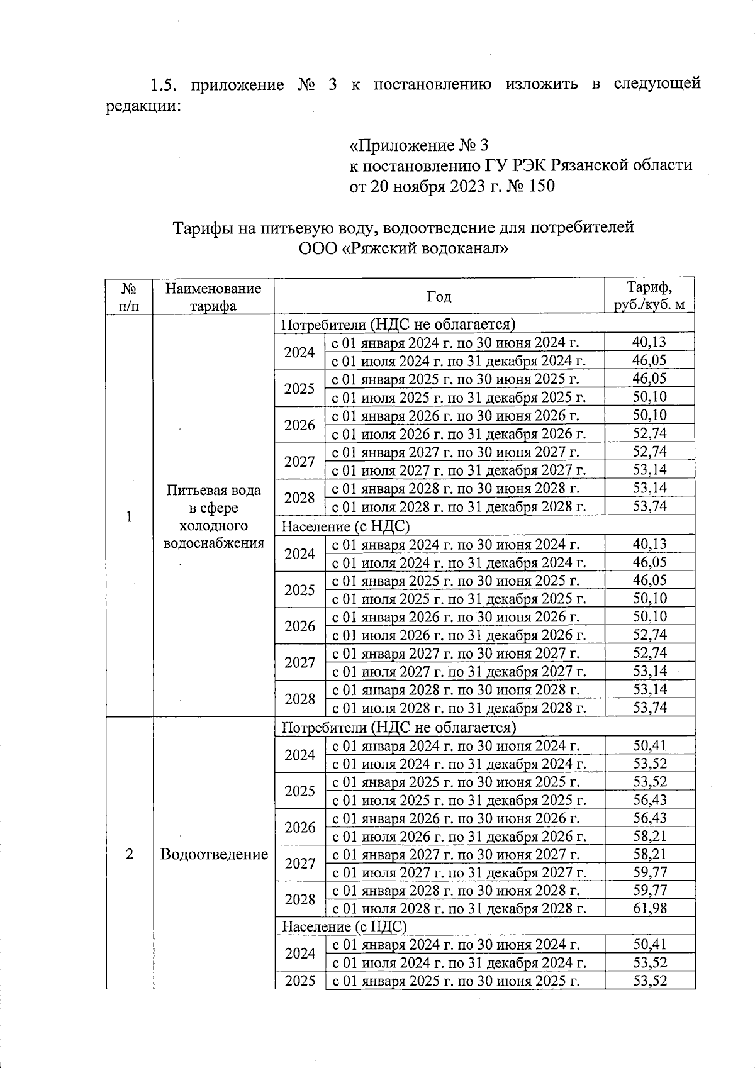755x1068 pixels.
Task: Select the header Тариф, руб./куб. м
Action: pyautogui.click(x=649, y=296)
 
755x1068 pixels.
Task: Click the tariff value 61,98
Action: pyautogui.click(x=649, y=908)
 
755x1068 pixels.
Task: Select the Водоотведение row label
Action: pyautogui.click(x=214, y=854)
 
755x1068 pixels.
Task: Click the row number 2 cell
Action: pyautogui.click(x=129, y=854)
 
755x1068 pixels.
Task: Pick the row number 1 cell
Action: pyautogui.click(x=129, y=516)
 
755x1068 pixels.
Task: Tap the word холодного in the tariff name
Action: pyautogui.click(x=213, y=525)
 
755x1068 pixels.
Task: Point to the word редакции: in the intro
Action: pyautogui.click(x=143, y=105)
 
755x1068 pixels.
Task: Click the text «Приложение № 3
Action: pyautogui.click(x=419, y=146)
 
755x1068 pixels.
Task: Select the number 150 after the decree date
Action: pyautogui.click(x=539, y=186)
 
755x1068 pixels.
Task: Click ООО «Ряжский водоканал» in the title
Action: pyautogui.click(x=403, y=248)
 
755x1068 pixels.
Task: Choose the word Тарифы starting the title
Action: pyautogui.click(x=201, y=227)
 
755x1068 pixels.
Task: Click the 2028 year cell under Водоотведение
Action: pyautogui.click(x=299, y=899)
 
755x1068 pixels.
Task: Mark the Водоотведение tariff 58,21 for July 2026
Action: pyautogui.click(x=649, y=836)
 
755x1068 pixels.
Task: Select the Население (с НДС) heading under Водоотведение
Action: pyautogui.click(x=344, y=926)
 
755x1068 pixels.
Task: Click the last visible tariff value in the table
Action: pyautogui.click(x=649, y=981)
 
